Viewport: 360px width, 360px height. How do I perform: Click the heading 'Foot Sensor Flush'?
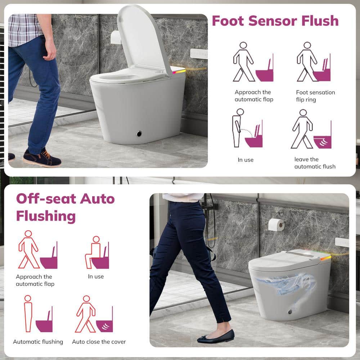[x=275, y=21]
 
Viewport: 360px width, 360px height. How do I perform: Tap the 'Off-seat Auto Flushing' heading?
[x=66, y=208]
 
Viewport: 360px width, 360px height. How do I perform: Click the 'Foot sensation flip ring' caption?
[x=315, y=96]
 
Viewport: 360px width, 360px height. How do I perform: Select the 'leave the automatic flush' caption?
[x=315, y=163]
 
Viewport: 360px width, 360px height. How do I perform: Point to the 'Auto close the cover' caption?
[x=99, y=342]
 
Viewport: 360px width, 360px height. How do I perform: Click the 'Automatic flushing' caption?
[x=38, y=342]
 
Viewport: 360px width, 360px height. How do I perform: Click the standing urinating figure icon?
[x=247, y=128]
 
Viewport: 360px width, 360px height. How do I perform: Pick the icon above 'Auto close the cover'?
[x=94, y=314]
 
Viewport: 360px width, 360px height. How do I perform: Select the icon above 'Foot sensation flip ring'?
[x=314, y=62]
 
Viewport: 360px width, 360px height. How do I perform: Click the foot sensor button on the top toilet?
[x=139, y=134]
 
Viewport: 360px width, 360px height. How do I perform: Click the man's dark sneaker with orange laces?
[x=42, y=158]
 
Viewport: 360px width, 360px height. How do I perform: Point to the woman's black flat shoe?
[x=216, y=336]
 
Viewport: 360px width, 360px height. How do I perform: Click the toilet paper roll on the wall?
[x=276, y=225]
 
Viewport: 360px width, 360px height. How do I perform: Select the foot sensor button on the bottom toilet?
[x=290, y=312]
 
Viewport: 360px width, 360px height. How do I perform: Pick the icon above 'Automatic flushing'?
[x=39, y=314]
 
